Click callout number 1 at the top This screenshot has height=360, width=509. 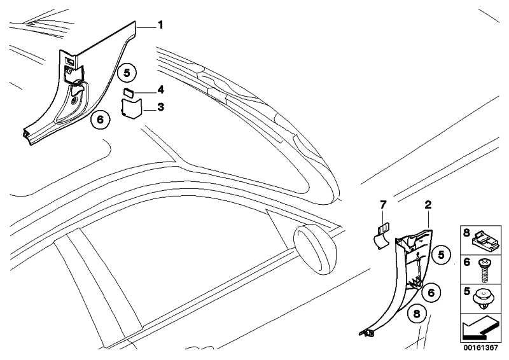[x=160, y=25]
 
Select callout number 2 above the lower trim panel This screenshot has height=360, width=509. [x=428, y=205]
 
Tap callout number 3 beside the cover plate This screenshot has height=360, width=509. [x=160, y=107]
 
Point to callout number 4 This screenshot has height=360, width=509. [x=160, y=90]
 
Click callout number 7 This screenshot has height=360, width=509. [x=384, y=205]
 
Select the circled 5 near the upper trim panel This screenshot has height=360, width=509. [x=127, y=73]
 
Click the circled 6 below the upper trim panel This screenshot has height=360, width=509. [x=101, y=120]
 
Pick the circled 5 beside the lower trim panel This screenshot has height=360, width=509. [x=441, y=255]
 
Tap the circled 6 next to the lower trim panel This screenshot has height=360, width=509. [x=431, y=293]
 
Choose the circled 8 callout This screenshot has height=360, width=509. [x=417, y=314]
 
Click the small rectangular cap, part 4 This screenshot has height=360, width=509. [x=129, y=93]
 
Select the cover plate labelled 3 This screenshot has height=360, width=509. [x=131, y=108]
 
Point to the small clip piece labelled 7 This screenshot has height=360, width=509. [x=380, y=236]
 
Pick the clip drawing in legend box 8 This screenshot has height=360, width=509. [x=485, y=240]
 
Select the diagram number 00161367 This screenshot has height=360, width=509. [x=480, y=348]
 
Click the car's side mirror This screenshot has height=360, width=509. [x=315, y=249]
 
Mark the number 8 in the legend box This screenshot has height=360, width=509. [x=466, y=233]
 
